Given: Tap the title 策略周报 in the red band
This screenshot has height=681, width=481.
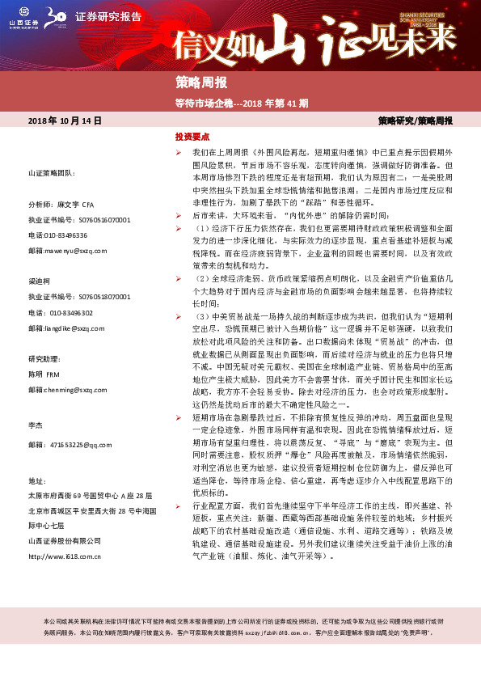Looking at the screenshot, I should tap(201, 83).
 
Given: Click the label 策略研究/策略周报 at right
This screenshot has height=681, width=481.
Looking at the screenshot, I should tap(415, 121).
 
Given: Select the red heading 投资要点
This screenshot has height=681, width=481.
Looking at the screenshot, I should tap(193, 137).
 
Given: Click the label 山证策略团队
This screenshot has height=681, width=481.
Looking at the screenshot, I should tap(51, 174).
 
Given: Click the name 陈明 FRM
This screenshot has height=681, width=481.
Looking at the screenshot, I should tap(45, 374).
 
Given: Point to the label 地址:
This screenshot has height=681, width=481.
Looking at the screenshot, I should tap(37, 480).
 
